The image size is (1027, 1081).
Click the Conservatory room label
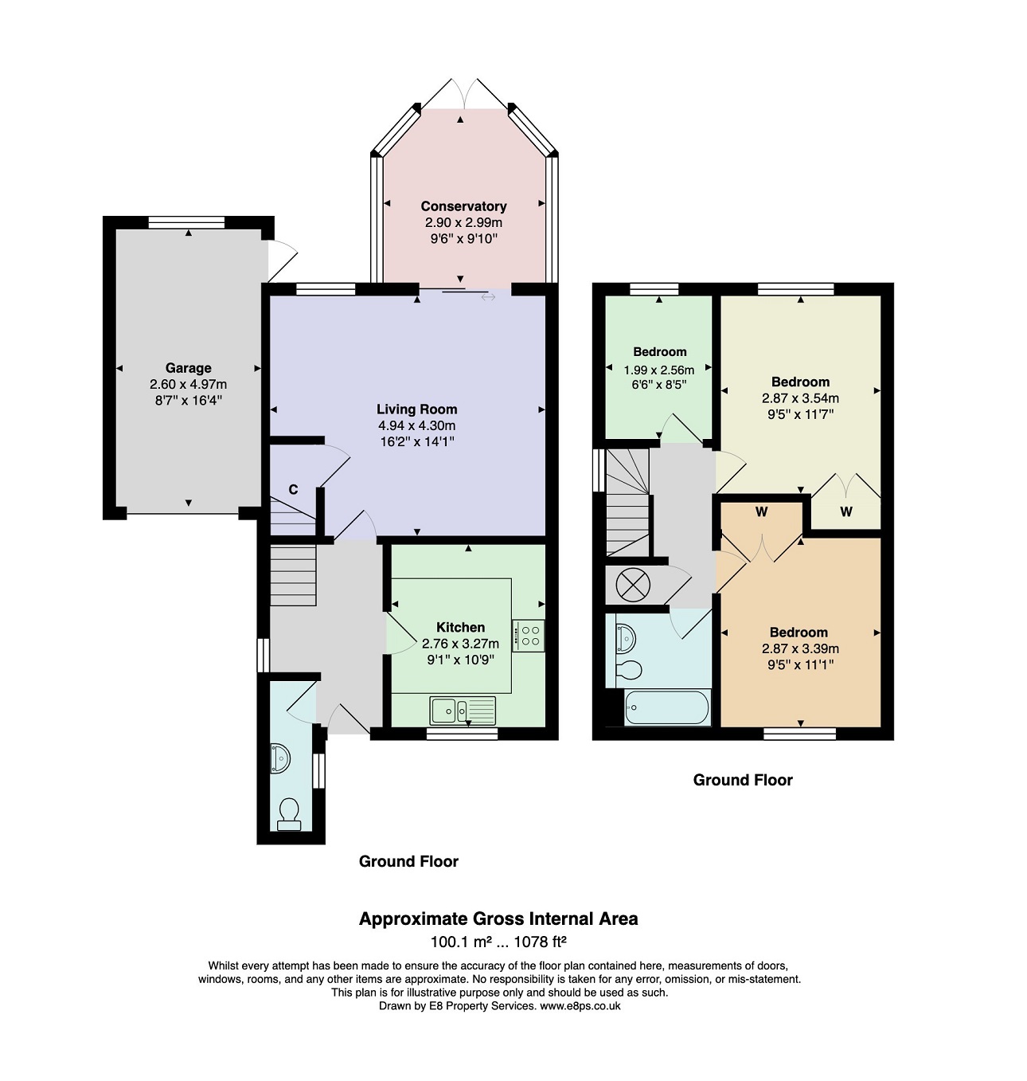pos(463,206)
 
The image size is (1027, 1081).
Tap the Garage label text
pos(188,368)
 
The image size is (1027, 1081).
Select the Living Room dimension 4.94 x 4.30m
pos(416,425)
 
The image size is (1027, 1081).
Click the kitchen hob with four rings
pos(528,636)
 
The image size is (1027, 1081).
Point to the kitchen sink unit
pos(463,711)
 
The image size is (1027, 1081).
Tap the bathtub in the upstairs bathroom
pos(668,708)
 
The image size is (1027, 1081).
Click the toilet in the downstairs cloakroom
pos(289,815)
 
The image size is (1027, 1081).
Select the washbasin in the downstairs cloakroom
pos(279,759)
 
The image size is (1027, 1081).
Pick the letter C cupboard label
pos(294,489)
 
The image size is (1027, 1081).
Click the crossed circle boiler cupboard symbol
pos(633,585)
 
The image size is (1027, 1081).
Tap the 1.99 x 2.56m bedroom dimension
pos(659,370)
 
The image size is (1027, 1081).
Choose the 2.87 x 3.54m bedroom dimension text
pos(800,398)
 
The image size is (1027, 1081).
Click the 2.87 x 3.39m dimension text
pos(800,648)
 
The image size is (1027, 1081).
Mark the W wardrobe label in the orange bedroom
pos(761,512)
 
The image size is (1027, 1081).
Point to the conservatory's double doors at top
pos(464,93)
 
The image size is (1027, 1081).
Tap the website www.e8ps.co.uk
pos(580,1005)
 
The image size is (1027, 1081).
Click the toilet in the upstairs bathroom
pos(629,671)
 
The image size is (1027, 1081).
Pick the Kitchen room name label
pos(460,628)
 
